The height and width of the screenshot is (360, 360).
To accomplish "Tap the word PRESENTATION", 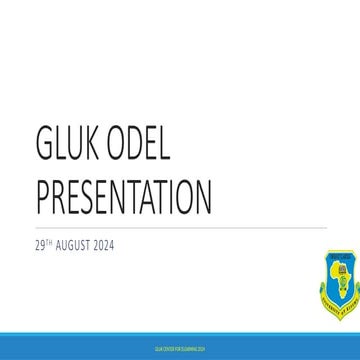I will pos(124,198).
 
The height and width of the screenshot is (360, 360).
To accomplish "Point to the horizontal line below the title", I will pos(180,228).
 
